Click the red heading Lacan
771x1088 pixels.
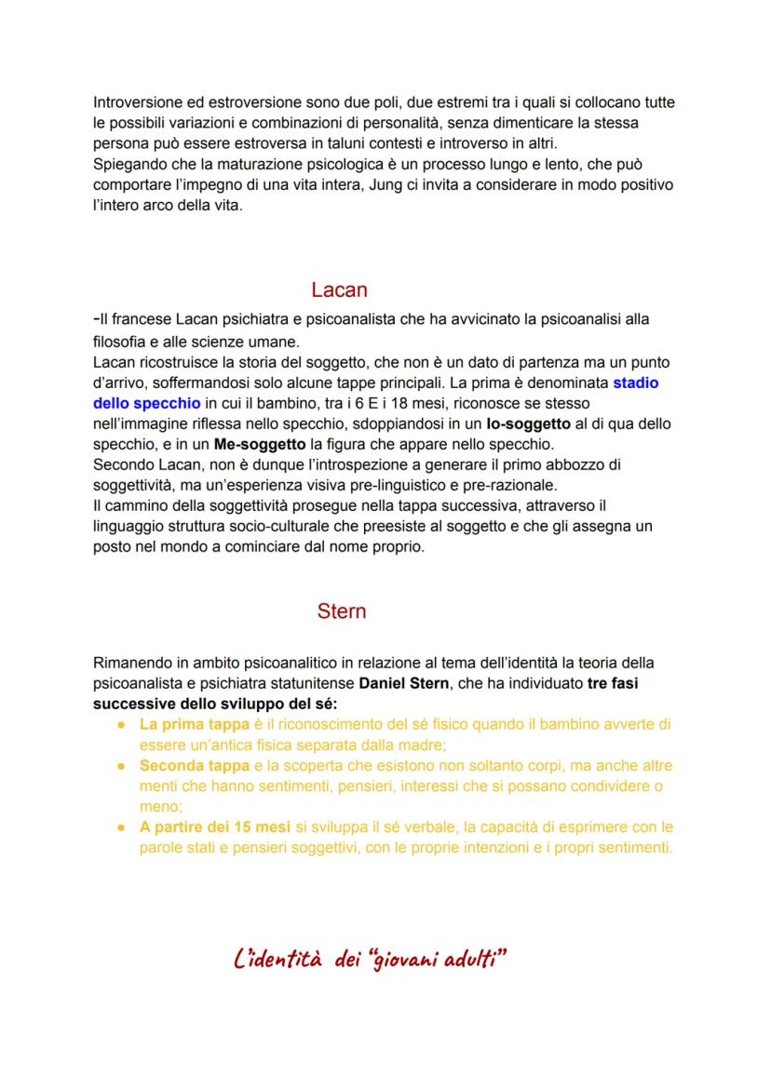[x=339, y=289]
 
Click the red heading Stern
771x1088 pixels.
[x=341, y=611]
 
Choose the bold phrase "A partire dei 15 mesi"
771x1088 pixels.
[x=216, y=826]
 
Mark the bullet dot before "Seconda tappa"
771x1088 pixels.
[x=122, y=766]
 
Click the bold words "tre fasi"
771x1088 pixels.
[x=613, y=683]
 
